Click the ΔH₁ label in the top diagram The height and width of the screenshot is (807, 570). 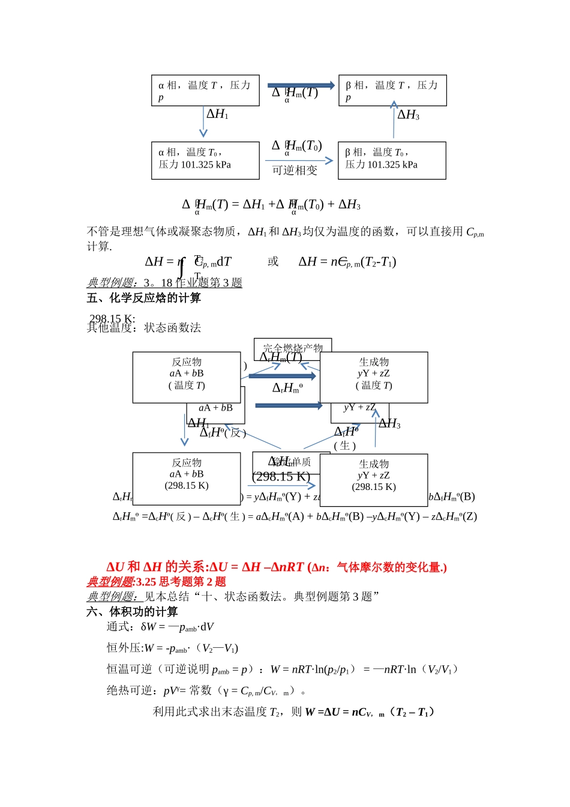pyautogui.click(x=217, y=114)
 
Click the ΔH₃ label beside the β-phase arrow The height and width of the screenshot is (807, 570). pyautogui.click(x=408, y=115)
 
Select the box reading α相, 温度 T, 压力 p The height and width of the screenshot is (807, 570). pyautogui.click(x=205, y=91)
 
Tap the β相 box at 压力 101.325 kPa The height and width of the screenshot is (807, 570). pyautogui.click(x=392, y=160)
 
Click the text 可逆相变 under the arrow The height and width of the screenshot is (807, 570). pyautogui.click(x=295, y=171)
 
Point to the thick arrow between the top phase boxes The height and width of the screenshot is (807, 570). pyautogui.click(x=301, y=85)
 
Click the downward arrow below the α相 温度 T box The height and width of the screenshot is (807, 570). pyautogui.click(x=203, y=122)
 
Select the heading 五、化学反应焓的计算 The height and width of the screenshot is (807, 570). pyautogui.click(x=144, y=298)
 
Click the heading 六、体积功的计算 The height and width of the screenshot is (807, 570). pyautogui.click(x=133, y=612)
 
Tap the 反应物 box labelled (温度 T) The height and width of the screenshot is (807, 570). pyautogui.click(x=187, y=377)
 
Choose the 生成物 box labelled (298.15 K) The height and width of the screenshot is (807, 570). pyautogui.click(x=374, y=480)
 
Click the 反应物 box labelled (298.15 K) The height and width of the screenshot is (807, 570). pyautogui.click(x=187, y=479)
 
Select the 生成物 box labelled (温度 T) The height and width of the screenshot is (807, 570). pyautogui.click(x=374, y=377)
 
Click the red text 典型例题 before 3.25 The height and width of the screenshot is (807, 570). pyautogui.click(x=110, y=582)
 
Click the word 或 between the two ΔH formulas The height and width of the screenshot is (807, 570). pyautogui.click(x=273, y=262)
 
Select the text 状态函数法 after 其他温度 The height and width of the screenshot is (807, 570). pyautogui.click(x=173, y=328)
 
